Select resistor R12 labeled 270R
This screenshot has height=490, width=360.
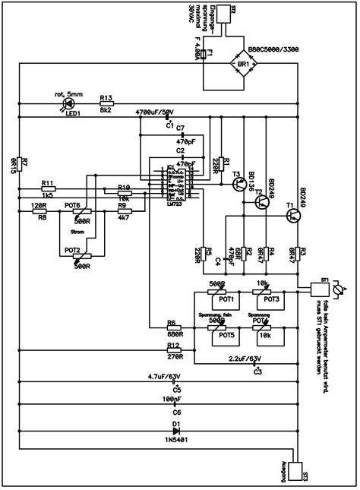point(173,352)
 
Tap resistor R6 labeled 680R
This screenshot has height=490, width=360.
point(173,329)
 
